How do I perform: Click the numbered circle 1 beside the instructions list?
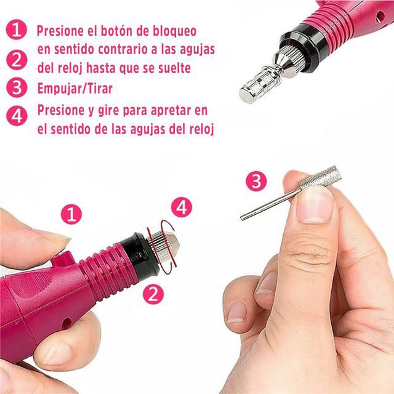[x=17, y=30]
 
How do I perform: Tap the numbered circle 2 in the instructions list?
[x=17, y=60]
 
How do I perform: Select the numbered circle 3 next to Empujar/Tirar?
[x=17, y=88]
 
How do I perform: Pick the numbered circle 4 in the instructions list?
[x=17, y=116]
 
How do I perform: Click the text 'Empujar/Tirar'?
[x=75, y=89]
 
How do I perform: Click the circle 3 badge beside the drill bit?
[x=256, y=181]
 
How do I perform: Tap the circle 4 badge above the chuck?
[x=182, y=207]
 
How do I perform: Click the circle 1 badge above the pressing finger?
[x=71, y=214]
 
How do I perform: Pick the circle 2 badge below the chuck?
[x=153, y=294]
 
